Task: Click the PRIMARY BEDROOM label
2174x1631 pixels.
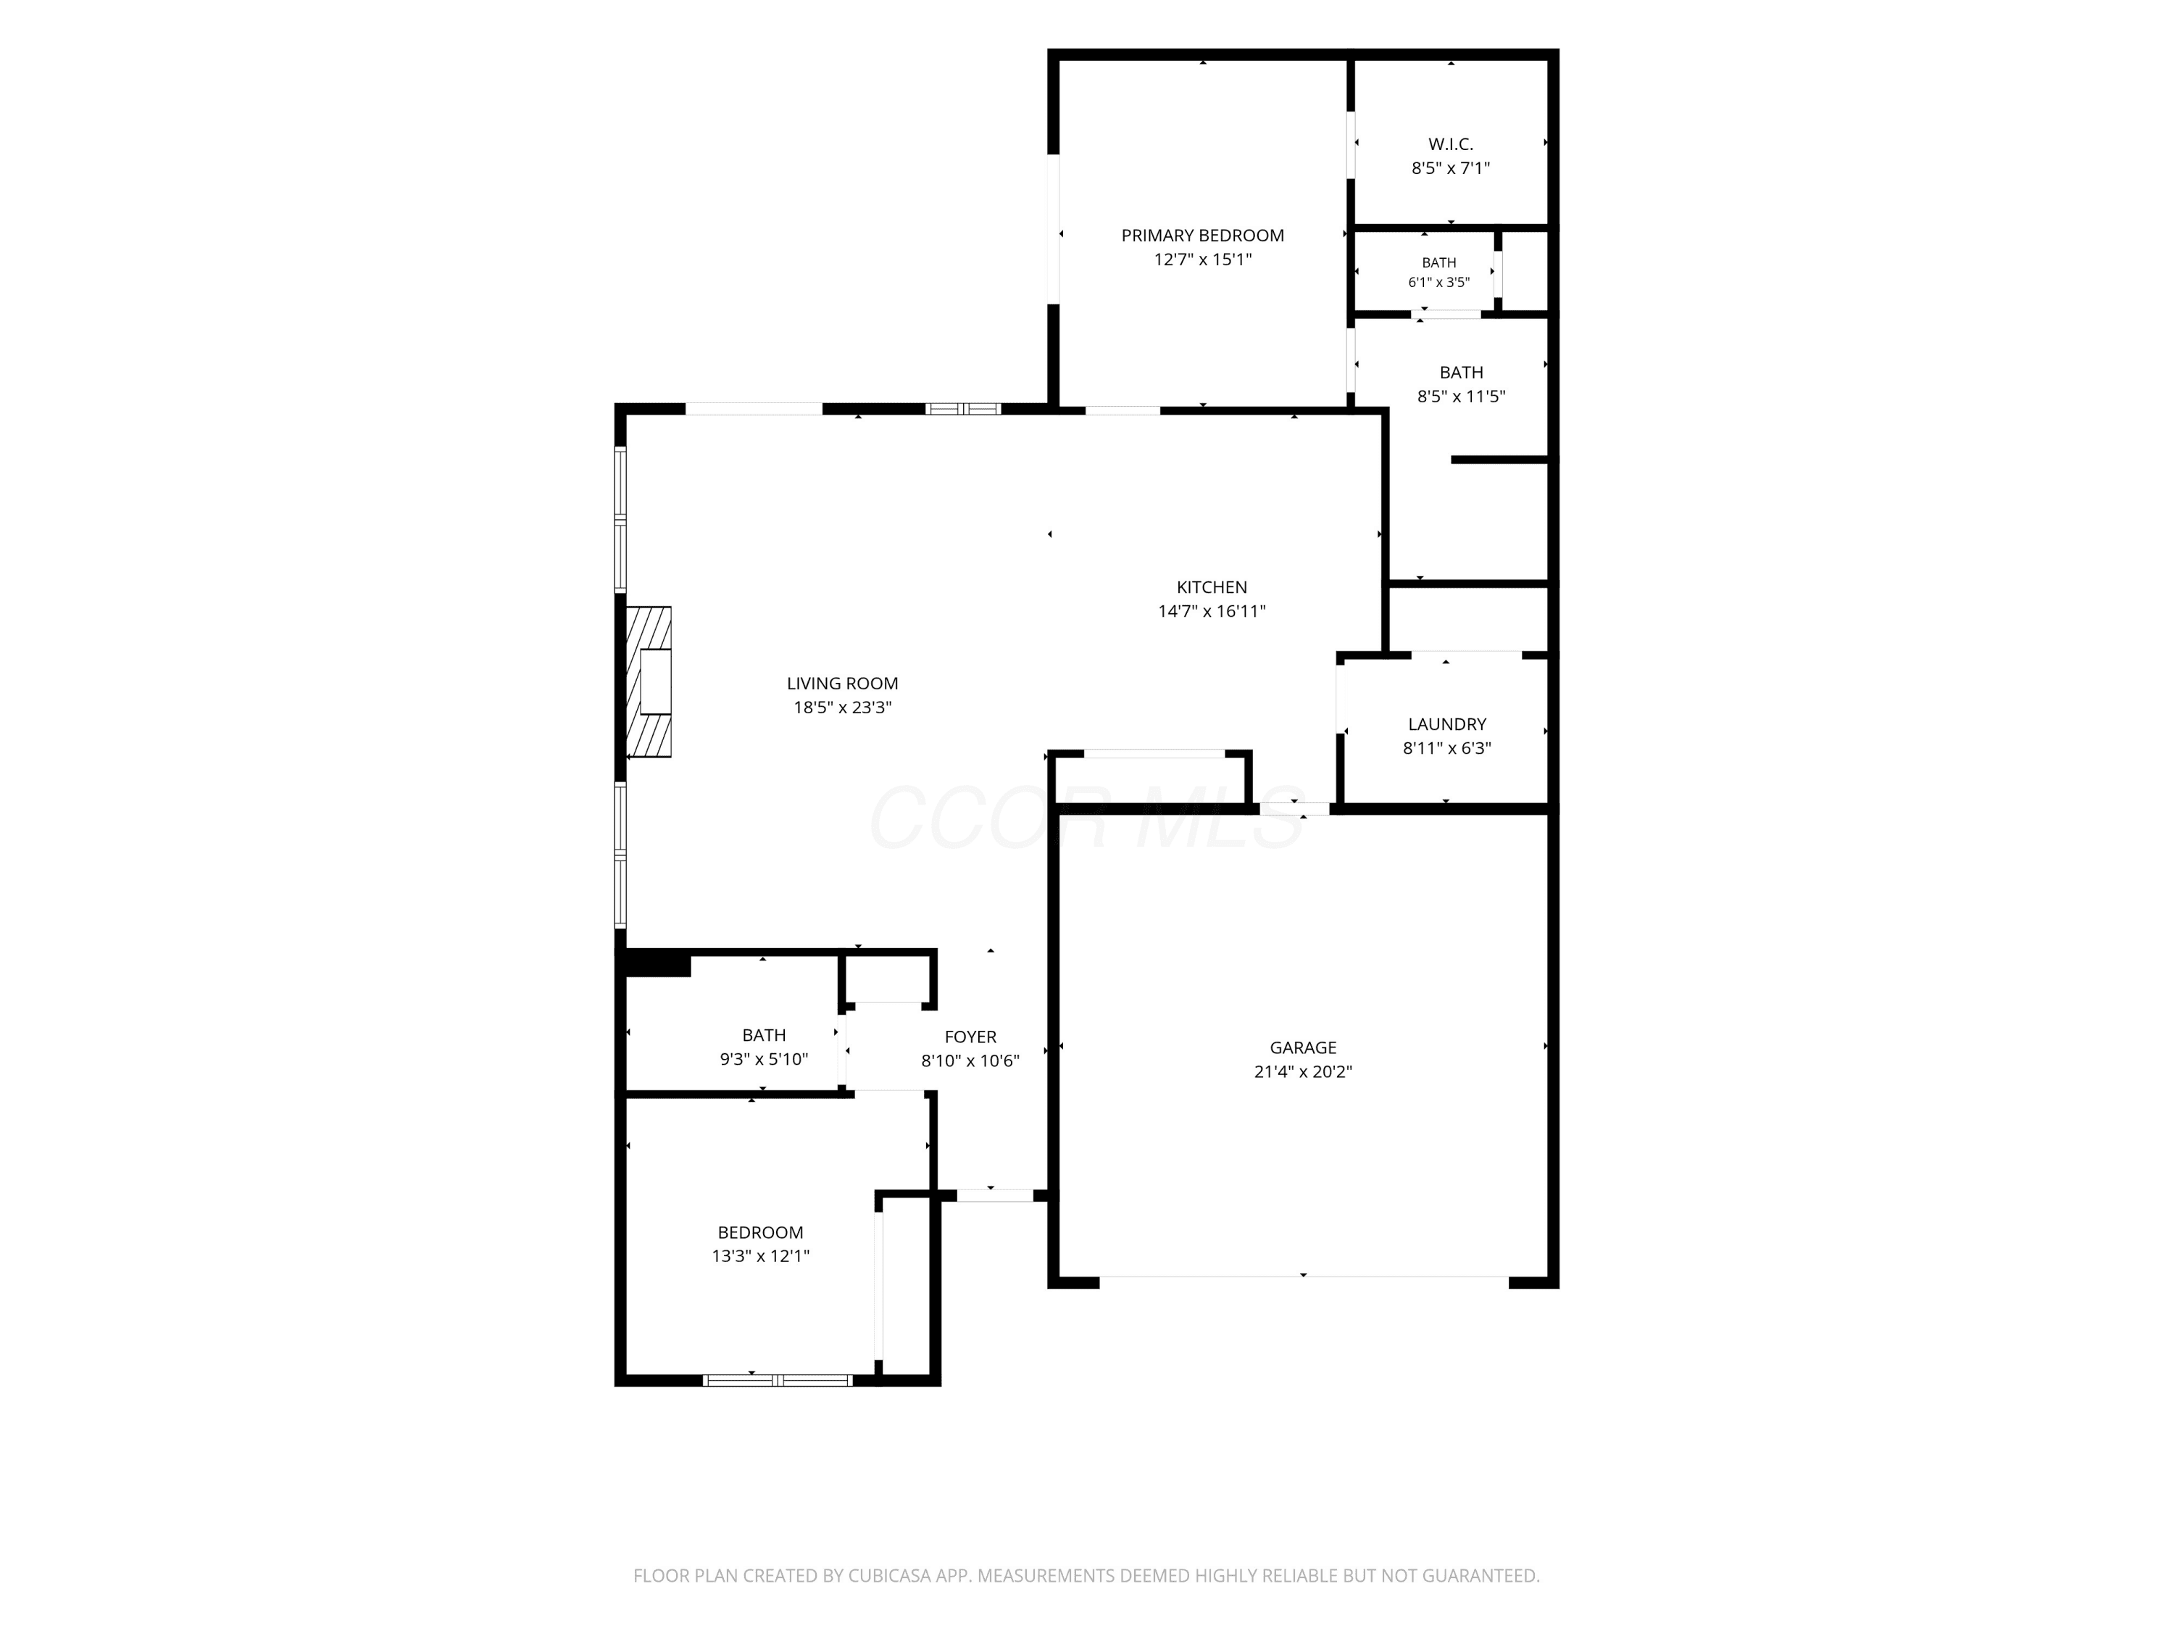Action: coord(1202,236)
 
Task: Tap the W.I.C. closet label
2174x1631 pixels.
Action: coord(1451,144)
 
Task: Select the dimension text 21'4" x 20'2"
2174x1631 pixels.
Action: coord(1302,1071)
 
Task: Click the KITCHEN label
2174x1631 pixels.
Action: coord(1212,587)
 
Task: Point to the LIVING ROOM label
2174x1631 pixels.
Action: coord(842,684)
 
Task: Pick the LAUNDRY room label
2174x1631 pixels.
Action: coord(1446,725)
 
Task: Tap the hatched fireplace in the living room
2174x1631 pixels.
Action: coord(649,681)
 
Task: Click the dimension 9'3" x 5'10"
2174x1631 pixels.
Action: coord(764,1060)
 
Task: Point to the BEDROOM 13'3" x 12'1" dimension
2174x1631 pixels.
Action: coord(761,1256)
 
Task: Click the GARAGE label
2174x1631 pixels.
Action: coord(1303,1048)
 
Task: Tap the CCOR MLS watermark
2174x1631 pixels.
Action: coord(1086,817)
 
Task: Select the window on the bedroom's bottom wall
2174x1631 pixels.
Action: coord(778,1380)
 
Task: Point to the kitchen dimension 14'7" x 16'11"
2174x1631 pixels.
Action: coord(1212,612)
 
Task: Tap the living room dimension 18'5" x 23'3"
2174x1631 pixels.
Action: coord(842,707)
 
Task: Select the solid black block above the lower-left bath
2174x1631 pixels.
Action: coord(657,964)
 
